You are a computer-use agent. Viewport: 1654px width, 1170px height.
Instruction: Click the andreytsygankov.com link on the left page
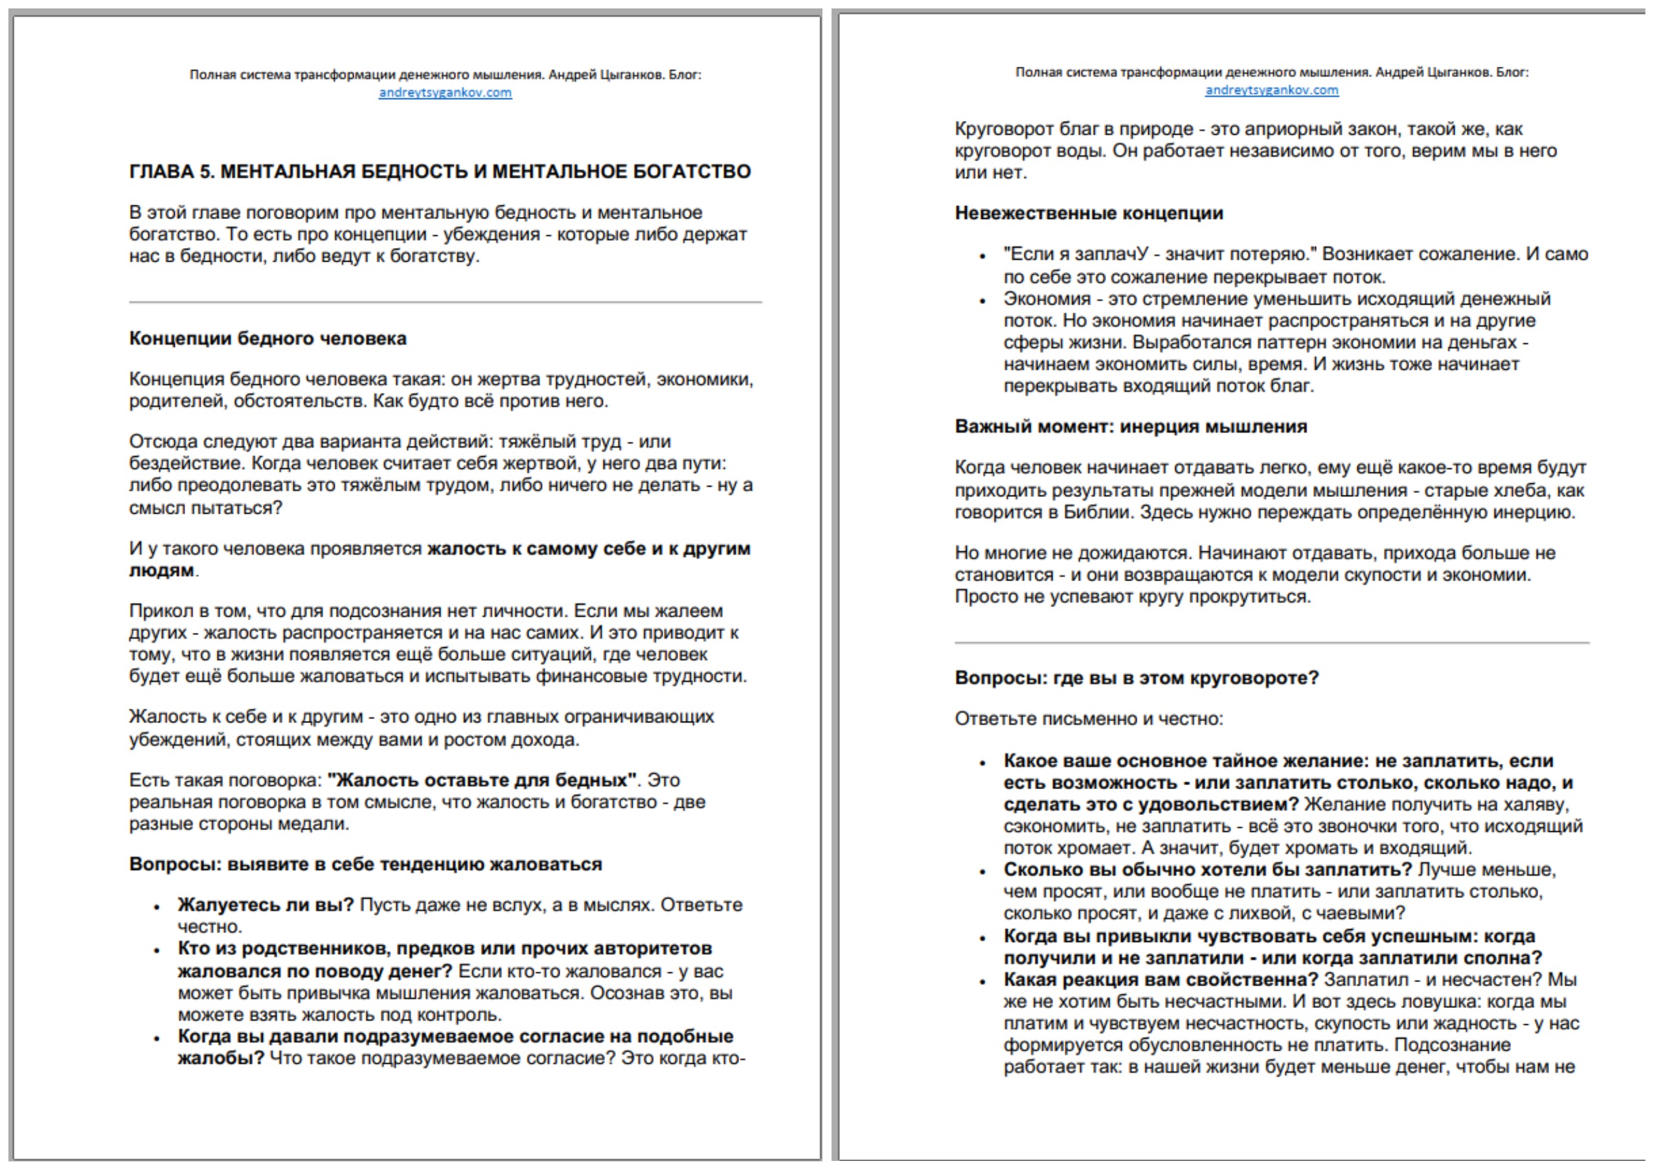(x=445, y=92)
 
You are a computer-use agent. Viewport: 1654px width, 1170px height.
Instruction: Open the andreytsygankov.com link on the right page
(x=1271, y=90)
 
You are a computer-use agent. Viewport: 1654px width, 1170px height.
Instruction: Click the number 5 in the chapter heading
(x=207, y=172)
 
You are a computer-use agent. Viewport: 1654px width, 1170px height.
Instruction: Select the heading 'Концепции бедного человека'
(x=267, y=339)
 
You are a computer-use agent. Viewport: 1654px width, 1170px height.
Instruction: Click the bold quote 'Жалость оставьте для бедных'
(x=482, y=780)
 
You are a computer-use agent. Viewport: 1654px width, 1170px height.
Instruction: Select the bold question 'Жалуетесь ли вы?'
(x=266, y=905)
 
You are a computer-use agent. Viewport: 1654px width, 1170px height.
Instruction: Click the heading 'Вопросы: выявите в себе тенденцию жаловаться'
(x=365, y=864)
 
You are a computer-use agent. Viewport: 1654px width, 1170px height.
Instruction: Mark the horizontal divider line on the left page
(x=445, y=303)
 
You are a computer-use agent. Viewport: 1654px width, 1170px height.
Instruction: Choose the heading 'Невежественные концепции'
(x=1089, y=213)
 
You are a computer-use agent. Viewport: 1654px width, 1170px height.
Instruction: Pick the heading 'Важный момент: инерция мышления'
(x=1130, y=426)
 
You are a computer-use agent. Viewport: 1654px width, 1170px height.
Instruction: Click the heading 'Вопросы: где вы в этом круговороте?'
(x=1136, y=678)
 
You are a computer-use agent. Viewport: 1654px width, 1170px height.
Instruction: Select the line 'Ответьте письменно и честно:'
(x=1089, y=718)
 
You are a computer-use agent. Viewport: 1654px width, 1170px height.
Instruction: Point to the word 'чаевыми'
(x=1363, y=913)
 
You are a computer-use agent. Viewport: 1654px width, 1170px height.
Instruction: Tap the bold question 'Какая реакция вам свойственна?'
(x=1161, y=980)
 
